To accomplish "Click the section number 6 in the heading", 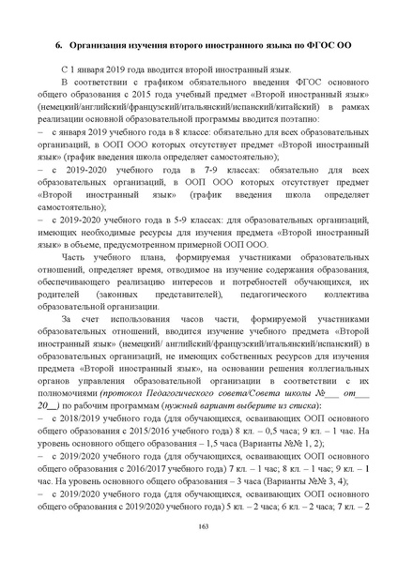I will (x=58, y=44).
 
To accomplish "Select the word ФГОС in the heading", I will (x=298, y=44).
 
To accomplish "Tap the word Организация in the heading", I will (x=100, y=44).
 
